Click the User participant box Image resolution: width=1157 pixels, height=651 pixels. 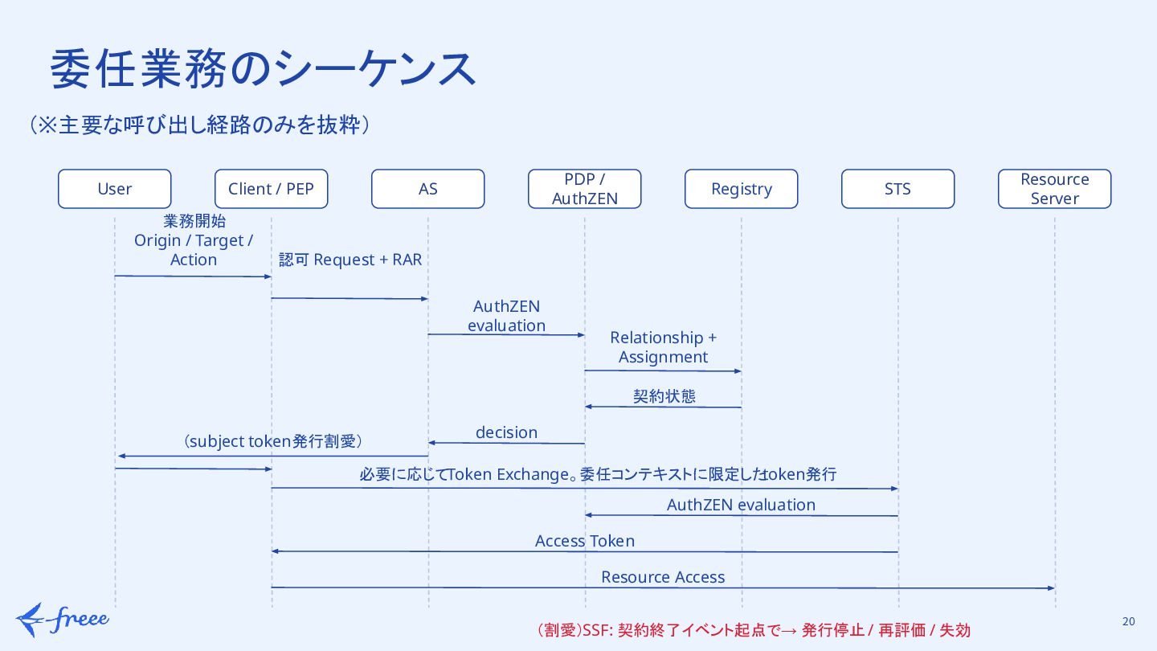[115, 189]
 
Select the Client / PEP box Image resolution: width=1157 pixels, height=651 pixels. [272, 189]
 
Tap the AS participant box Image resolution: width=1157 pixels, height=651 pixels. [427, 189]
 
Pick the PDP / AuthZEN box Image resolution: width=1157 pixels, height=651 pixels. [585, 189]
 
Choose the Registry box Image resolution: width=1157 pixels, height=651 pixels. [741, 189]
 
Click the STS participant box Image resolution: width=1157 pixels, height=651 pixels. [897, 189]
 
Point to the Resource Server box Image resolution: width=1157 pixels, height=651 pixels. [1055, 189]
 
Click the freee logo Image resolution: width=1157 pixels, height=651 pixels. [63, 620]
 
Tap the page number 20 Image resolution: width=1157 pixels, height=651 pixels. [1129, 621]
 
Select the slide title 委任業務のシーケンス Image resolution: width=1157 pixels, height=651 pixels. [263, 69]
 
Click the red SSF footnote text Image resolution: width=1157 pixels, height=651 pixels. [754, 630]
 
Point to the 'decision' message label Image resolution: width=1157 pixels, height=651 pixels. [507, 432]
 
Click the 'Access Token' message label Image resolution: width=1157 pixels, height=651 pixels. [585, 540]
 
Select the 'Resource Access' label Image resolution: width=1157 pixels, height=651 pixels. [663, 576]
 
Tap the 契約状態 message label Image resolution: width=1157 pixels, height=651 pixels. [664, 396]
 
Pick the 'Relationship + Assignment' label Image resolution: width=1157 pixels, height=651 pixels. [663, 346]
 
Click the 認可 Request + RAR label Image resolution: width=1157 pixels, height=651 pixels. [350, 260]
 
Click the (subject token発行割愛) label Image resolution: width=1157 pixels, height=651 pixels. [272, 441]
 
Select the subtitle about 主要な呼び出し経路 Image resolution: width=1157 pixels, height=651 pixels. [199, 125]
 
